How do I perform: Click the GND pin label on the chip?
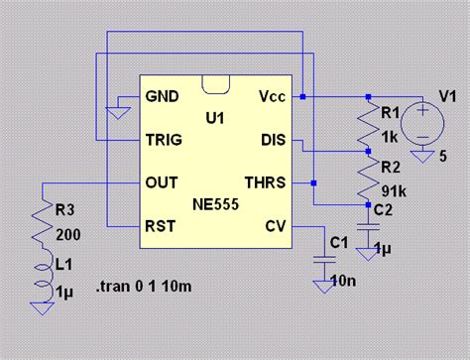pos(164,96)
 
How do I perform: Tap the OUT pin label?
pos(163,181)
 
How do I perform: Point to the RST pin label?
pos(162,225)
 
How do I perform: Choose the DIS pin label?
pos(273,139)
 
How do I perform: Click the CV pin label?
pos(276,225)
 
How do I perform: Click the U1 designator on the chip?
pos(215,118)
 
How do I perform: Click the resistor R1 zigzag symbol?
pos(368,122)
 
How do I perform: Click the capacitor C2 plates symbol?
pos(368,226)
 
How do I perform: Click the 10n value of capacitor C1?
pos(345,282)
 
